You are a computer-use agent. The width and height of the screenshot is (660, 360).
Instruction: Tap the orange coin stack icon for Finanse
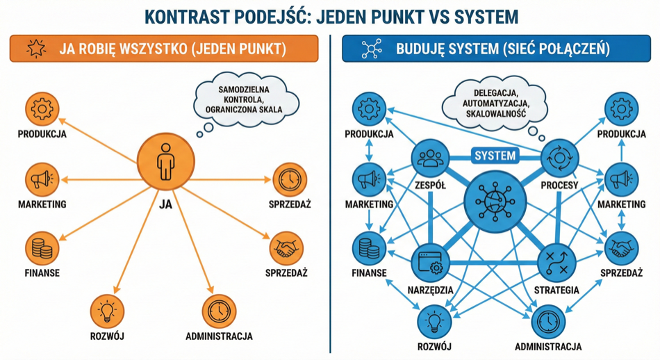click(42, 248)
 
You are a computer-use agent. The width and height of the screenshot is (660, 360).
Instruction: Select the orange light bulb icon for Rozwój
click(106, 311)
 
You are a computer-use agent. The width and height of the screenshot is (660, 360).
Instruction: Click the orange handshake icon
click(287, 247)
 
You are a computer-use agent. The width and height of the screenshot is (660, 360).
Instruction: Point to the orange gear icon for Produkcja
click(42, 109)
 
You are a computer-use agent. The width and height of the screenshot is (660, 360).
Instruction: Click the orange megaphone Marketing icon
click(42, 180)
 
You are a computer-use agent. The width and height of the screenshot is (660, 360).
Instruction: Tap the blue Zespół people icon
click(430, 158)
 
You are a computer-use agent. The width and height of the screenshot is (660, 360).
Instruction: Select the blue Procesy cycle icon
click(559, 158)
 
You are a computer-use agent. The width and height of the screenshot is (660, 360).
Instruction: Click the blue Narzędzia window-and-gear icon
click(430, 263)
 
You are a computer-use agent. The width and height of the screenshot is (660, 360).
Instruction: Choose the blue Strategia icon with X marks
click(557, 263)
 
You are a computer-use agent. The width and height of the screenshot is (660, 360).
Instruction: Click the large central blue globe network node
click(495, 202)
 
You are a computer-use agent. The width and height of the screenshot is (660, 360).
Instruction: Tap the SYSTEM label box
click(495, 155)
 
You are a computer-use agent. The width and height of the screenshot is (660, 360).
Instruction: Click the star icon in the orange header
click(35, 49)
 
